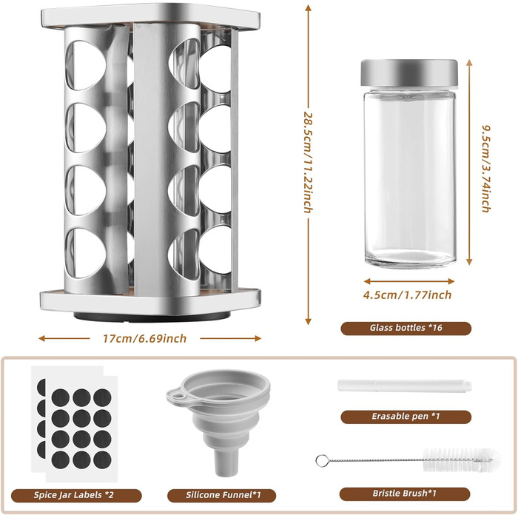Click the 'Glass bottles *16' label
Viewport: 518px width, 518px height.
coord(406,328)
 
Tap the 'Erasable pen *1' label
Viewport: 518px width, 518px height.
coord(406,416)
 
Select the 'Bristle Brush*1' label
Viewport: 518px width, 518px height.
coord(404,494)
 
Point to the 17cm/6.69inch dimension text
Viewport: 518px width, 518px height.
coord(145,339)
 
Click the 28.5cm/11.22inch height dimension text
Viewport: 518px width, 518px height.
coord(308,162)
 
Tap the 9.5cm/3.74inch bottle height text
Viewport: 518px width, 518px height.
coord(486,169)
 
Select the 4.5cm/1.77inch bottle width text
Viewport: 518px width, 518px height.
coord(407,295)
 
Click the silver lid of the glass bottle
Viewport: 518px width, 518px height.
coord(409,73)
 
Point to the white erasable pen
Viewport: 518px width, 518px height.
coord(405,386)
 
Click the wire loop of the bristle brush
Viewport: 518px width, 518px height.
coord(322,460)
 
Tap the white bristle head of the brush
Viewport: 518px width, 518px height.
coord(462,460)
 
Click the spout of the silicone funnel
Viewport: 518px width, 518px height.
coord(226,462)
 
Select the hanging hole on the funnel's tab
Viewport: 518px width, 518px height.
coord(179,394)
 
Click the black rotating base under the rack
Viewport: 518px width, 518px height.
coord(152,317)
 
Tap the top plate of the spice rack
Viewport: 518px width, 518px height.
coord(151,16)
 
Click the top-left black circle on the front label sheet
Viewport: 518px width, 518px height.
coord(61,398)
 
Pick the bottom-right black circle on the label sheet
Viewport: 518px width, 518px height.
coord(102,460)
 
